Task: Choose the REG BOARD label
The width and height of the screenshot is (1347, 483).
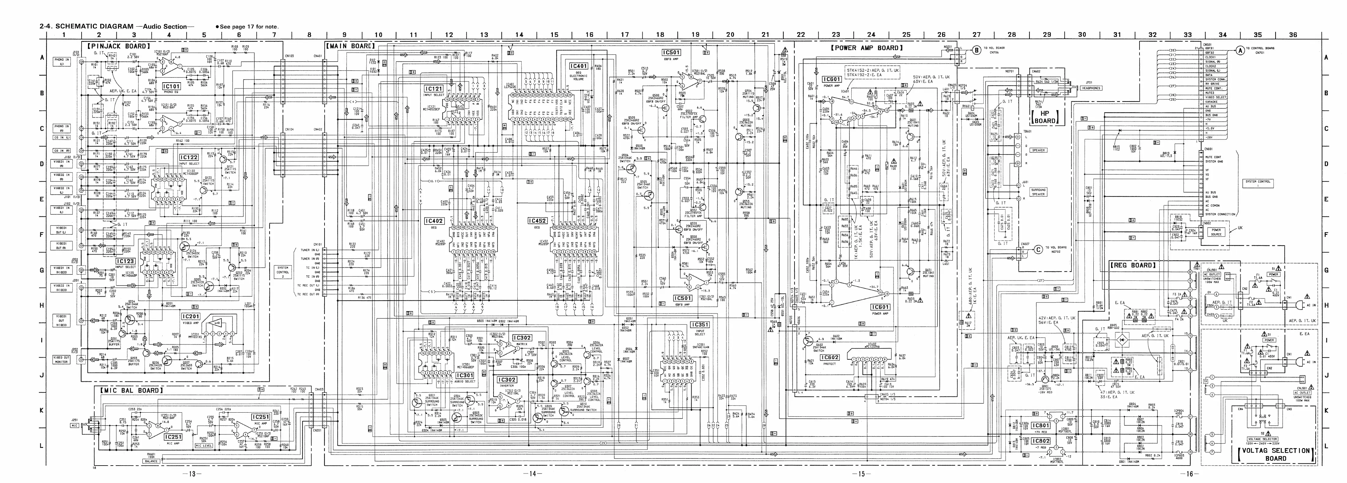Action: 1132,265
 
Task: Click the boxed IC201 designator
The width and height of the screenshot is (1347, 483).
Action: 191,317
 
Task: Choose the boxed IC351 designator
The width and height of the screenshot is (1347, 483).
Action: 700,325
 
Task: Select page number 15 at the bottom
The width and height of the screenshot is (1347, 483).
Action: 860,474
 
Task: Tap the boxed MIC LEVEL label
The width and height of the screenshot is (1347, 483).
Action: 204,446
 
